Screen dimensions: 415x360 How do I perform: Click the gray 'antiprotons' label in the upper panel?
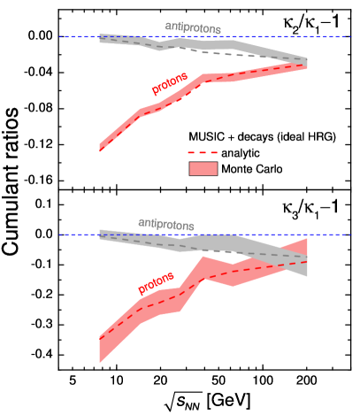193,28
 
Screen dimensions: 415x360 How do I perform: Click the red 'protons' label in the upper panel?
169,84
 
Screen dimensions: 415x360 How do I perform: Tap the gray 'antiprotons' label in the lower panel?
165,225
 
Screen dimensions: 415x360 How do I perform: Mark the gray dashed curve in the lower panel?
265,255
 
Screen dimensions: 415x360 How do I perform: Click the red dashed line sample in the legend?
203,152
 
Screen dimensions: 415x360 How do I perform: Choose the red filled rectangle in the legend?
203,168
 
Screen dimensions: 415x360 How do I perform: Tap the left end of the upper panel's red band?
101,147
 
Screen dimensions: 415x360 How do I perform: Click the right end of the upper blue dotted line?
349,37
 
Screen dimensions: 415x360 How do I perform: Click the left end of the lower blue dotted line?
61,235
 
